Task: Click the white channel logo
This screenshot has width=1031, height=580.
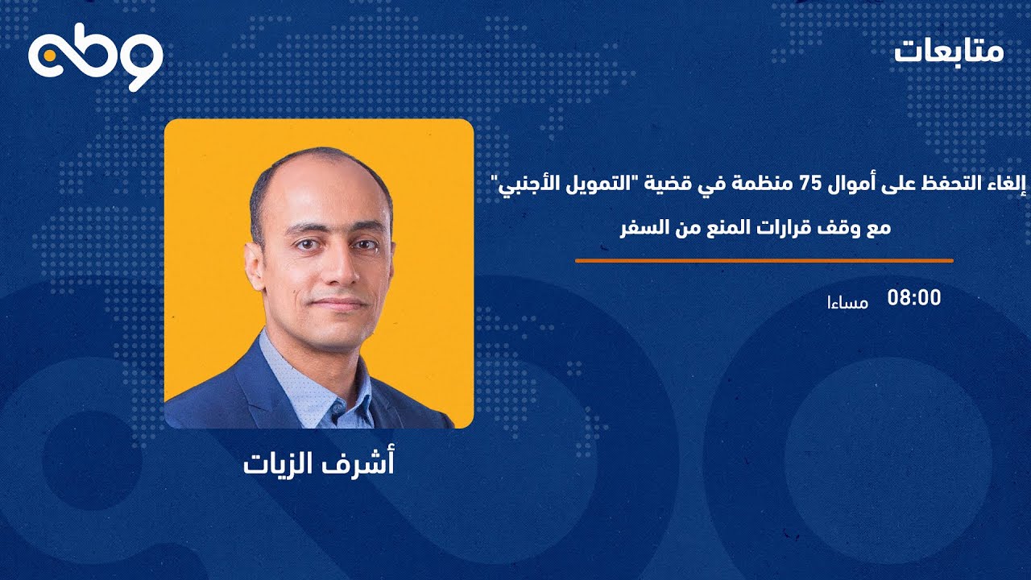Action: (x=96, y=56)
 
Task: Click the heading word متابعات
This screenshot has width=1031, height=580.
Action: (x=949, y=51)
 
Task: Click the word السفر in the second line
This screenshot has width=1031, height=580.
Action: (x=642, y=227)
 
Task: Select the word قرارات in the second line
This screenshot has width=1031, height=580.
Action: (x=795, y=227)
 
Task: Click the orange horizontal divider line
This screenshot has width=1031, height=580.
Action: (x=764, y=260)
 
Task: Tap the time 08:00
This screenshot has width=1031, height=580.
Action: (x=914, y=298)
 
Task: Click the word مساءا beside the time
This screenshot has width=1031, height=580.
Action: (x=847, y=302)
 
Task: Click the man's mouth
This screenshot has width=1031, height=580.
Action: (x=340, y=304)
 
